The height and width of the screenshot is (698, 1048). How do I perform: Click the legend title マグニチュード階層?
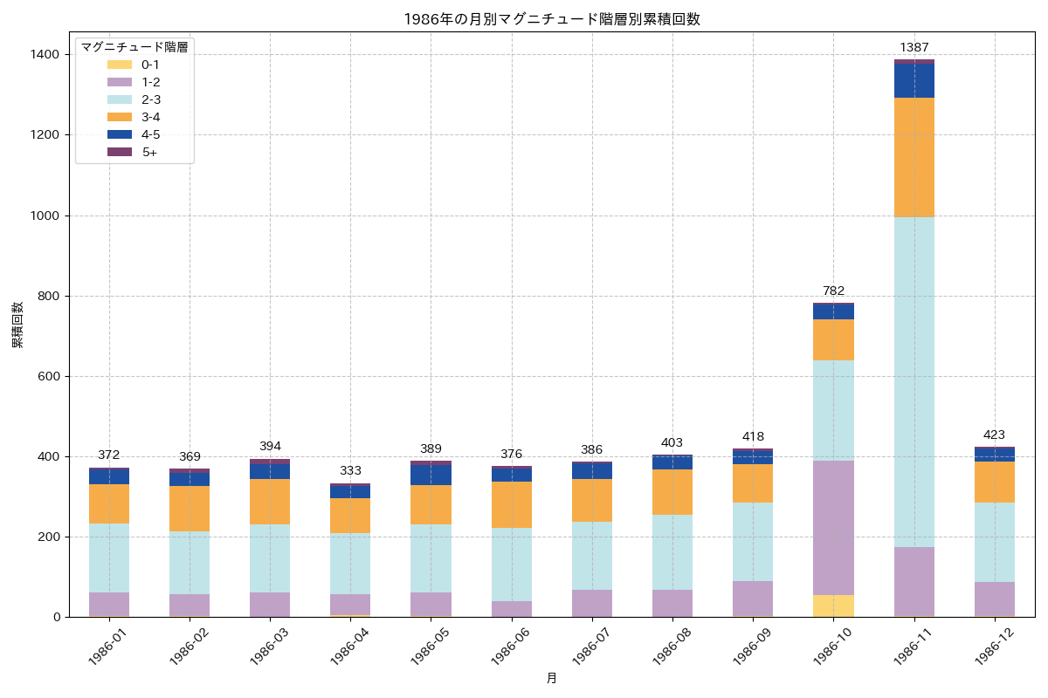pos(134,47)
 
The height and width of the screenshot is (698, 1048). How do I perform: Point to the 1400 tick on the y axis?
pos(45,55)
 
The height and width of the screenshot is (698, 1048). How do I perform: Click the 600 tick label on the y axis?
pos(49,376)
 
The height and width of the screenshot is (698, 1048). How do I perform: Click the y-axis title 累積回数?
pos(17,325)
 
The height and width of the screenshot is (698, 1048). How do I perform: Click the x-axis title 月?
pos(551,678)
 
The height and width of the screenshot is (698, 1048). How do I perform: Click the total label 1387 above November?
pos(914,47)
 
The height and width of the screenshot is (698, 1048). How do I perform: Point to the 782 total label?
pos(833,291)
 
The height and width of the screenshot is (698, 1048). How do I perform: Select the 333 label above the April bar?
pos(350,470)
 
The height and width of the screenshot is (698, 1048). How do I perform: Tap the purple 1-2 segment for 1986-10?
pos(833,528)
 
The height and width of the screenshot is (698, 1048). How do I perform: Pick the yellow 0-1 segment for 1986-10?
pos(833,606)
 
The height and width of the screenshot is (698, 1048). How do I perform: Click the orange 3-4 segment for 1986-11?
pos(914,157)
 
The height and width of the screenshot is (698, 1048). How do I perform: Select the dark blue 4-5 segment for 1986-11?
pos(914,81)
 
